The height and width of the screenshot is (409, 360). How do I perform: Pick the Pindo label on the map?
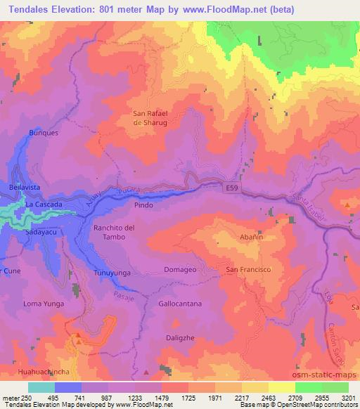point(143,206)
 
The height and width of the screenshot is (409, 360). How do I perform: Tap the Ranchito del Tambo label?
point(114,233)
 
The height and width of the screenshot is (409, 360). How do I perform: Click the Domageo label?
point(181,270)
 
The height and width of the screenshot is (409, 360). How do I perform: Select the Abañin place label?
point(251,238)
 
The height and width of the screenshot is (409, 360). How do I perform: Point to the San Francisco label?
point(248,270)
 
